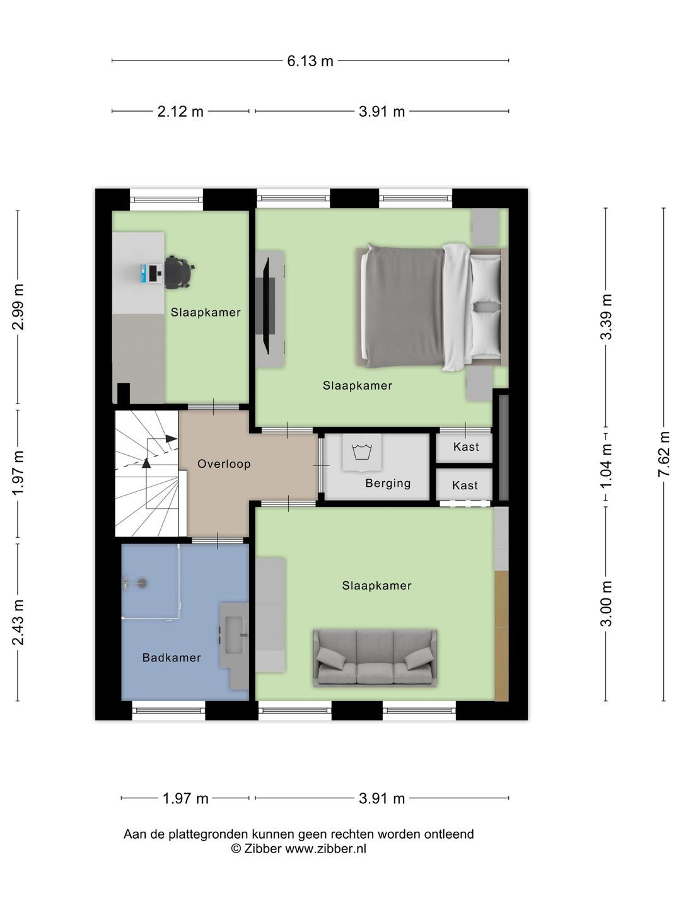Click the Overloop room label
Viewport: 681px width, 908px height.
coord(224,463)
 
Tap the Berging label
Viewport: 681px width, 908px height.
coord(388,483)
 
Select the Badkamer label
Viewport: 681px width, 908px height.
coord(172,657)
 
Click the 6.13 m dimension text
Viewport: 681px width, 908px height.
coord(310,61)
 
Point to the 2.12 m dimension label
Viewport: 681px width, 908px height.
coord(180,112)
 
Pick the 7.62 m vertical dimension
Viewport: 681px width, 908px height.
coord(663,454)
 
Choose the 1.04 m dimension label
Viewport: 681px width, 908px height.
coord(606,465)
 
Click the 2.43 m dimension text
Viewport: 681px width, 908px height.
coord(18,622)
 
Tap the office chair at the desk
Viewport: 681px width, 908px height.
coord(180,272)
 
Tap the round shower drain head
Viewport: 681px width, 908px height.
coord(143,583)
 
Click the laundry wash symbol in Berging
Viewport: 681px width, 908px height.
coord(362,451)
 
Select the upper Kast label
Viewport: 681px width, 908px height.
coord(466,447)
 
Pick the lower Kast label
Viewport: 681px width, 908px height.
coord(465,486)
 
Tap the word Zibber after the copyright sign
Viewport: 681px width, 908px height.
coord(262,849)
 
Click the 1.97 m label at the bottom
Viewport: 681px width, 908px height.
coord(185,798)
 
